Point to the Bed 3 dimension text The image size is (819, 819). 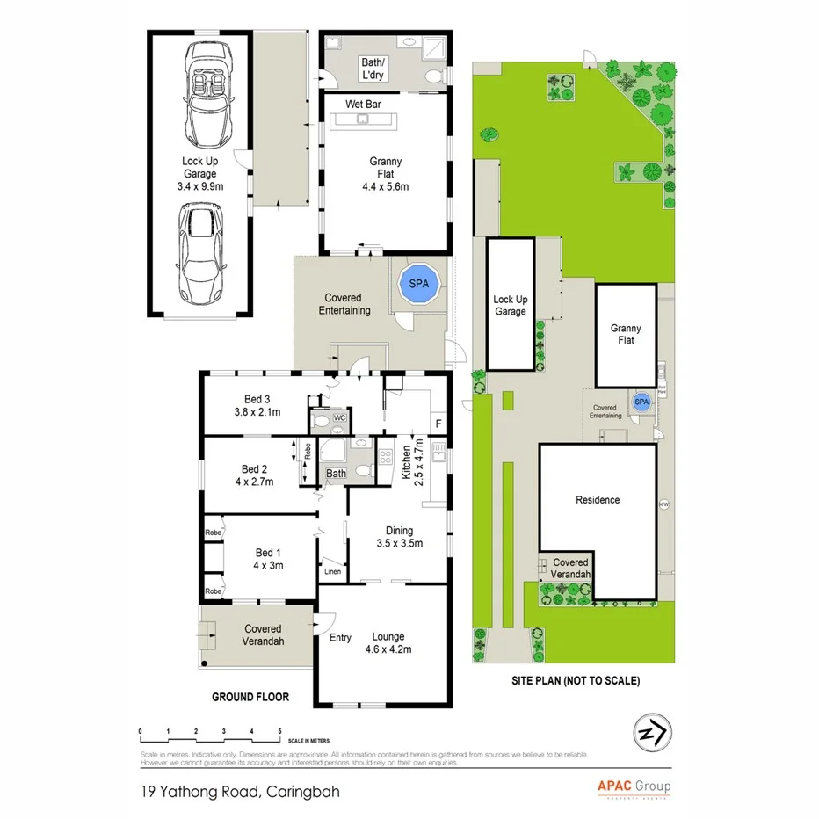pyautogui.click(x=257, y=412)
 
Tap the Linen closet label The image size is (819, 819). pyautogui.click(x=332, y=572)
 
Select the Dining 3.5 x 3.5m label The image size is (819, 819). pyautogui.click(x=399, y=537)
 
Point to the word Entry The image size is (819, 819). pyautogui.click(x=340, y=638)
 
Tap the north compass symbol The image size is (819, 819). pyautogui.click(x=651, y=729)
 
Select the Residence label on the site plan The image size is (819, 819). pyautogui.click(x=598, y=500)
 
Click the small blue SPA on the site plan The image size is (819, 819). pyautogui.click(x=641, y=402)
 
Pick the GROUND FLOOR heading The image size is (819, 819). pyautogui.click(x=250, y=697)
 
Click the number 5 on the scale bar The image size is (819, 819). pyautogui.click(x=279, y=731)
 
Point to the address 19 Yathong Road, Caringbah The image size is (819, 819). pyautogui.click(x=239, y=791)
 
